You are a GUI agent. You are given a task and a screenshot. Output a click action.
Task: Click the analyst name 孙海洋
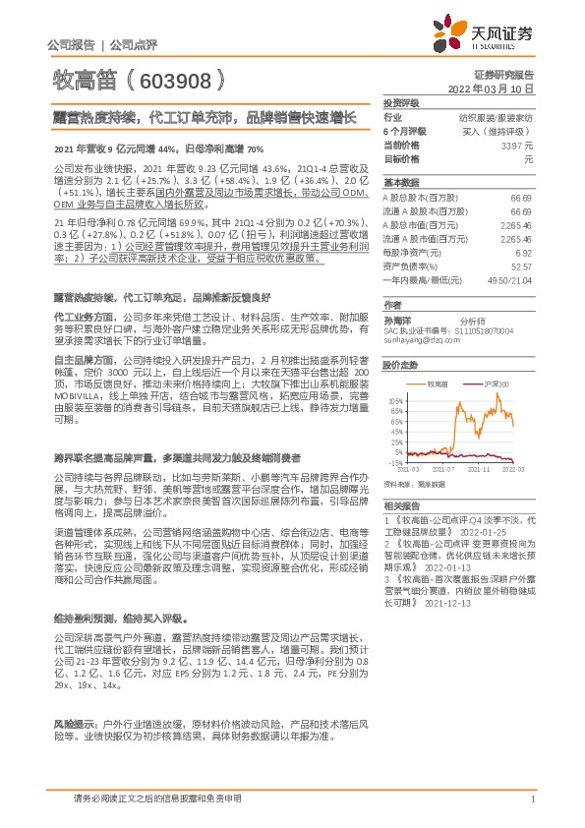click(x=398, y=320)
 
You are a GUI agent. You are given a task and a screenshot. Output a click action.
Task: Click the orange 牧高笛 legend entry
click(x=437, y=384)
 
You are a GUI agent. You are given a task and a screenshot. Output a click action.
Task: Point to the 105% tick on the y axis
click(x=394, y=401)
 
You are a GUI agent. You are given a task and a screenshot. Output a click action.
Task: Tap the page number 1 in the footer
click(x=531, y=798)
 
